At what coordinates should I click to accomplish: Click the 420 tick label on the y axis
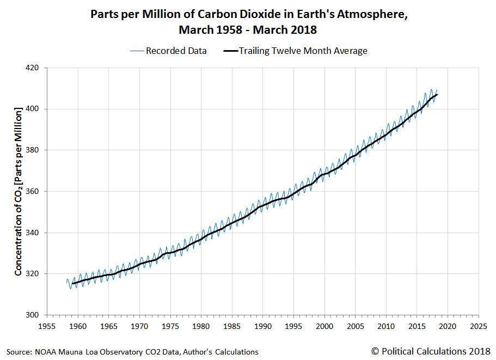coord(33,68)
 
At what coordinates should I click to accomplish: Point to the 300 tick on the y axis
coord(33,315)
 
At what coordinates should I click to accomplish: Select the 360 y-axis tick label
coord(33,192)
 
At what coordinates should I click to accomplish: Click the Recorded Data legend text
coord(176,51)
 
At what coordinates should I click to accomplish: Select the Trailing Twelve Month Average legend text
coord(303,51)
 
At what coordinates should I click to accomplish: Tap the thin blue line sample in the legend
coord(136,51)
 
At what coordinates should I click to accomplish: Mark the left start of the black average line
coord(72,283)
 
